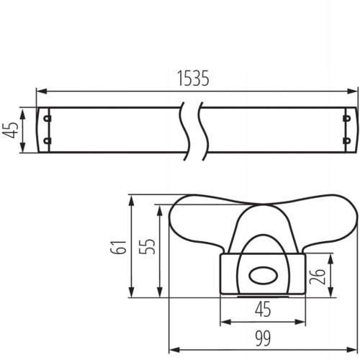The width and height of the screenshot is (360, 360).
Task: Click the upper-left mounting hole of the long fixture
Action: [48, 118]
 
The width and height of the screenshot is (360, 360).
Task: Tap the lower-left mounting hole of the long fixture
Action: [48, 142]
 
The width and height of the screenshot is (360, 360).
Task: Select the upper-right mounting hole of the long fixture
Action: [346, 118]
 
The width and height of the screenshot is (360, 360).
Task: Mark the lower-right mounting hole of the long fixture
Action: [346, 142]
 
